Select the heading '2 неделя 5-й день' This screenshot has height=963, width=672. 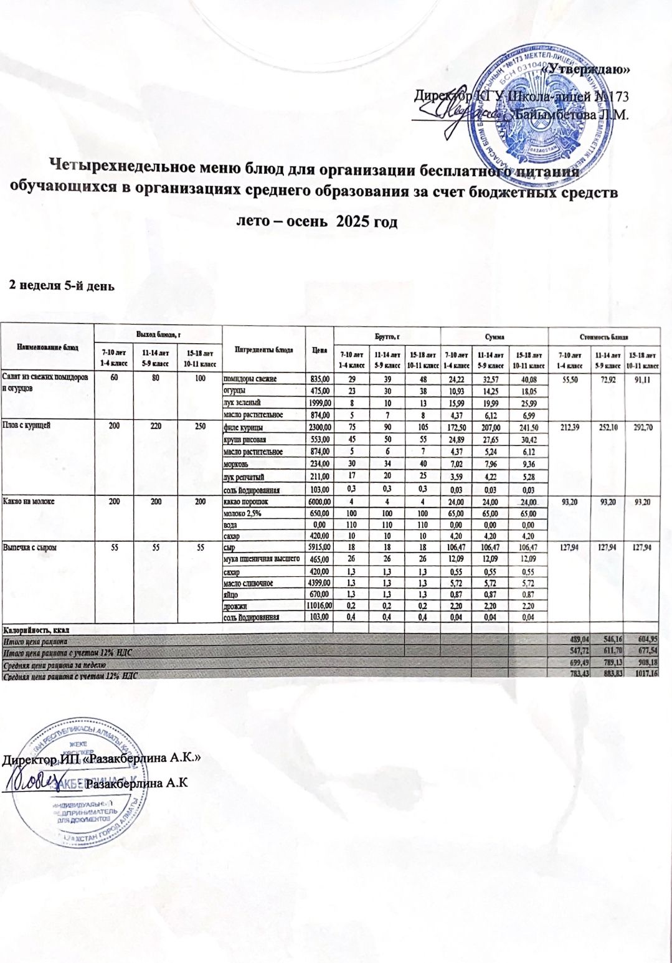[x=60, y=286]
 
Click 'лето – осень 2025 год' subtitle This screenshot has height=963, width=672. [x=318, y=222]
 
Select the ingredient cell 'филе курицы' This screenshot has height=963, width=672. [x=243, y=428]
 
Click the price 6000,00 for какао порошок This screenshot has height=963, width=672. [x=319, y=502]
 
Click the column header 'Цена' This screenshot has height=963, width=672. [x=319, y=349]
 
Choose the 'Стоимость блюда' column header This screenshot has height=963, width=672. [x=603, y=337]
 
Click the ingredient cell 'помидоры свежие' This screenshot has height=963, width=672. [x=250, y=379]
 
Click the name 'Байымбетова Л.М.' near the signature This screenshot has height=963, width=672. [x=572, y=115]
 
